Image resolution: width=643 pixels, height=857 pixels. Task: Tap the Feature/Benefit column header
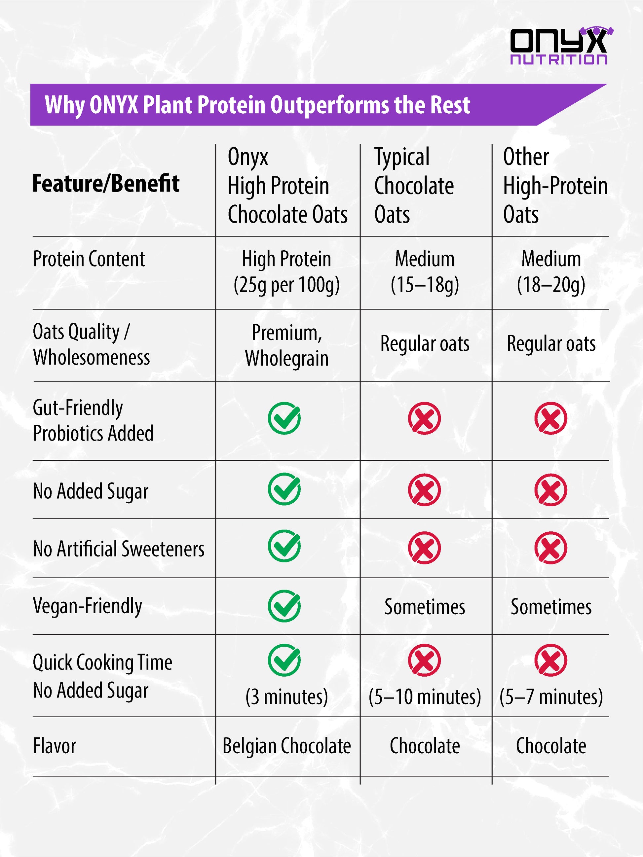[x=106, y=183]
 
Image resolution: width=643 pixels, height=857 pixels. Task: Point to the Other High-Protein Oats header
[x=555, y=185]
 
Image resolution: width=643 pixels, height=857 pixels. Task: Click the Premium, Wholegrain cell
[x=287, y=345]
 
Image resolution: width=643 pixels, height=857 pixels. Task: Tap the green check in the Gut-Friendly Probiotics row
[x=284, y=418]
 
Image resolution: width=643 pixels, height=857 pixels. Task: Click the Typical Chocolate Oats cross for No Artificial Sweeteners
[x=424, y=548]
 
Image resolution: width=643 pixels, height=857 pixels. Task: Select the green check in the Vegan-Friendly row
[x=284, y=606]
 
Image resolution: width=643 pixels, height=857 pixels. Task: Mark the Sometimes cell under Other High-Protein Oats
[x=551, y=607]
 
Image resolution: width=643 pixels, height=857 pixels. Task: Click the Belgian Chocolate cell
[x=287, y=746]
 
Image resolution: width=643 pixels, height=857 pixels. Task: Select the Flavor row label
[x=55, y=746]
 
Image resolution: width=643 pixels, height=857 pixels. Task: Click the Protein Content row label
[x=89, y=259]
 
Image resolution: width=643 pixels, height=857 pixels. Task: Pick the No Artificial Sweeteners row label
[x=119, y=549]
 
